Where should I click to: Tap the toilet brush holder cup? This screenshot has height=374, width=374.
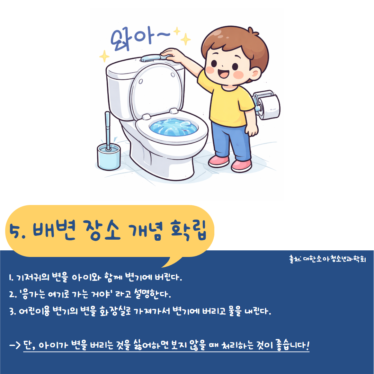click(x=109, y=157)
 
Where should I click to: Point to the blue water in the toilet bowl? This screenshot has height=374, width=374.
click(x=173, y=127)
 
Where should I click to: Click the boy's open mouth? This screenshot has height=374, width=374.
click(x=224, y=73)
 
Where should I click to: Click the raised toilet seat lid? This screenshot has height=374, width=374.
click(x=156, y=92)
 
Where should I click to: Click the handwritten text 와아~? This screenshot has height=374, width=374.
click(x=140, y=39)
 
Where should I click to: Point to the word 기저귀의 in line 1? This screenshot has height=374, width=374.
click(x=33, y=277)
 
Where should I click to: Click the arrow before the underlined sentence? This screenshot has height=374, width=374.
click(x=15, y=345)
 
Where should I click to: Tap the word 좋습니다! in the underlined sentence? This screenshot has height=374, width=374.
click(x=293, y=345)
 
